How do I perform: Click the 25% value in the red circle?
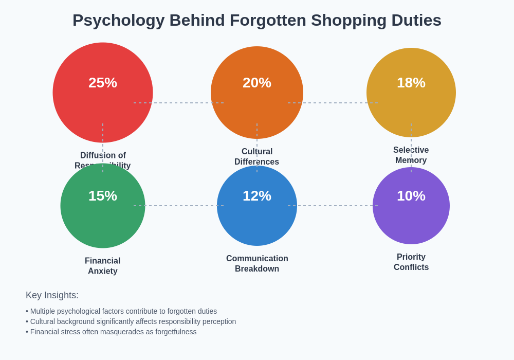(x=103, y=83)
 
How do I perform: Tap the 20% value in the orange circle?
(x=257, y=83)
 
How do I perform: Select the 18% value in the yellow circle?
(x=411, y=83)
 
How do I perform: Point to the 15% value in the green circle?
(x=103, y=196)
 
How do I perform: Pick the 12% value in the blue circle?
(x=257, y=196)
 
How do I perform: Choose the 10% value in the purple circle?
(x=411, y=196)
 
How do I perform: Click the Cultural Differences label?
(x=257, y=157)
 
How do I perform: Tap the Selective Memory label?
(x=411, y=155)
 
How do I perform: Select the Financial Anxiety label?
(x=103, y=266)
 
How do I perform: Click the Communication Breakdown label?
(x=257, y=264)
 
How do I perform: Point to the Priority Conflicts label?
(x=411, y=262)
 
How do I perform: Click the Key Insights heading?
(x=52, y=295)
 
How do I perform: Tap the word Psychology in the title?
(x=118, y=21)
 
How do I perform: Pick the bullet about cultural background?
(x=131, y=321)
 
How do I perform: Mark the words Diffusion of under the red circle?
(x=103, y=155)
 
